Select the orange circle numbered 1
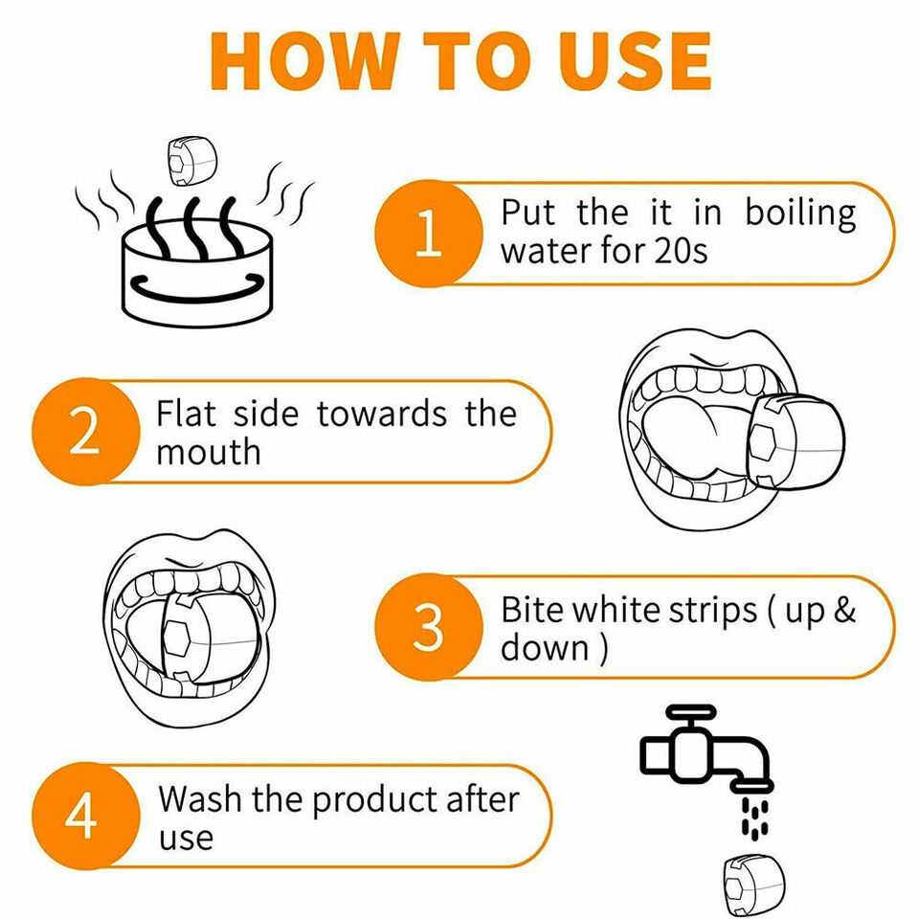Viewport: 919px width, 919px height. click(429, 234)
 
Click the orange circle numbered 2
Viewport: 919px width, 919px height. click(85, 432)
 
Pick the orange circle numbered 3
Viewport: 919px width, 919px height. click(429, 627)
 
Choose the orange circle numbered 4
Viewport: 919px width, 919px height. click(85, 816)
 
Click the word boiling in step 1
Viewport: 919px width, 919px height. click(800, 214)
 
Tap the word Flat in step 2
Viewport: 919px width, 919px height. click(186, 414)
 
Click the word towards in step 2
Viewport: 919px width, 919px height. click(382, 414)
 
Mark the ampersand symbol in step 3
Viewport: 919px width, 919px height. click(843, 610)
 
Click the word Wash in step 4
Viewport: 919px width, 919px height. click(199, 798)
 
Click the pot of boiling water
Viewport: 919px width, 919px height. click(197, 273)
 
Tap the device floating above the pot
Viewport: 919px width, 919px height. click(191, 161)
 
